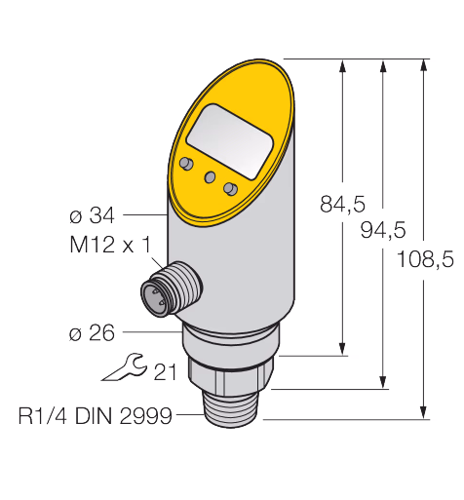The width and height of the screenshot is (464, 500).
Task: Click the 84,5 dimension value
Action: [x=342, y=205]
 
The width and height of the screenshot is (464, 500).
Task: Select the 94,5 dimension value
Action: [x=383, y=230]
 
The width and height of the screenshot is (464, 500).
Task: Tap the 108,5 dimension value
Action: [x=425, y=259]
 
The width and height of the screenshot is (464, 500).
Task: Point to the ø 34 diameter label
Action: [x=92, y=215]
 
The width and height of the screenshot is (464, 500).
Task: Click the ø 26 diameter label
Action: [x=92, y=333]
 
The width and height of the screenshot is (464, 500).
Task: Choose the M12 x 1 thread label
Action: [x=110, y=245]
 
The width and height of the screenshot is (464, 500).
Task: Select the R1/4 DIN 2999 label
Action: [x=95, y=415]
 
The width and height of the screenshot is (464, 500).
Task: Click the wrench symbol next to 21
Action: [x=124, y=366]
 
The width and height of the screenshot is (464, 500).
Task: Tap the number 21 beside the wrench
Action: [x=165, y=371]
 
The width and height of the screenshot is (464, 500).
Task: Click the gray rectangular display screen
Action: [x=230, y=141]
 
